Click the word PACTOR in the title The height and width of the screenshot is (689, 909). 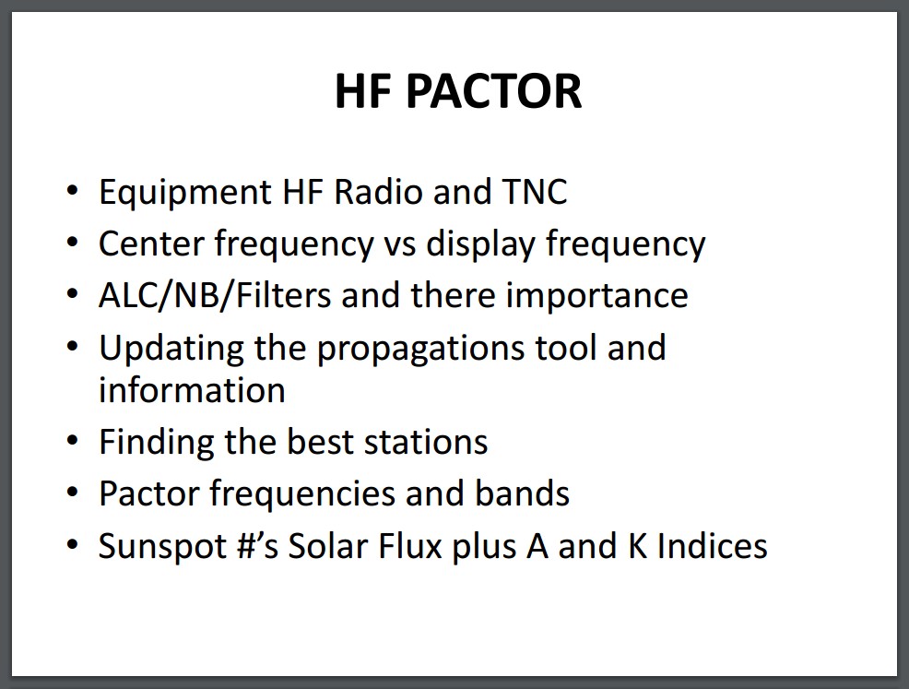coord(493,91)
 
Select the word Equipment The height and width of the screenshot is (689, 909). coord(185,194)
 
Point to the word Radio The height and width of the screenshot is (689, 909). coord(378,192)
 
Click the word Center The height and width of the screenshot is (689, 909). coord(150,244)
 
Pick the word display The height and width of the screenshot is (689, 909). coord(480,245)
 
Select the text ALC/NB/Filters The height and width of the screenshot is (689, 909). coord(215,295)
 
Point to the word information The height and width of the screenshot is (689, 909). coord(192,389)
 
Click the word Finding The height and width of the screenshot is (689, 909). coord(156,444)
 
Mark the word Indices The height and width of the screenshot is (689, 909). coord(712,546)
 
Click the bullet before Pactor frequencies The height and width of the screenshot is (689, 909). coord(72,493)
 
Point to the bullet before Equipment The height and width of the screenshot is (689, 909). coord(72,191)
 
